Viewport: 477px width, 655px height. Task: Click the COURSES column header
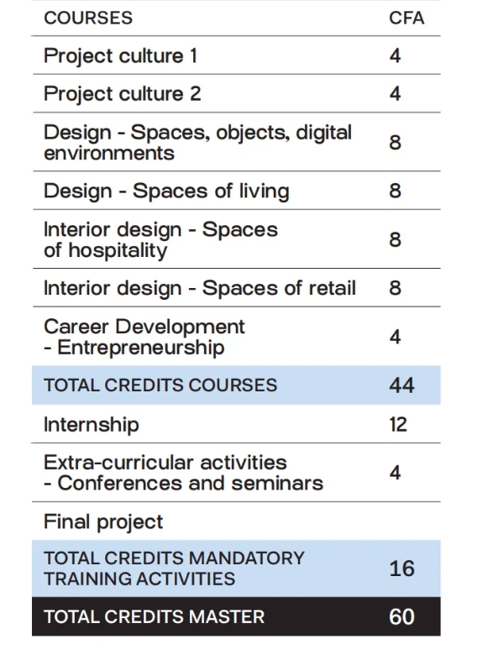pos(88,18)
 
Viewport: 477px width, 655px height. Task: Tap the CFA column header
pos(406,18)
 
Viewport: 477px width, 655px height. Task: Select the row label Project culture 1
pos(120,56)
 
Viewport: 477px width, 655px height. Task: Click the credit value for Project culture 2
pos(396,93)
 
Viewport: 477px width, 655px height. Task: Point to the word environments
pos(109,154)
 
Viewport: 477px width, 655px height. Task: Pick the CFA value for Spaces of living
pos(396,191)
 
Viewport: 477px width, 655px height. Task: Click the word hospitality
pos(118,250)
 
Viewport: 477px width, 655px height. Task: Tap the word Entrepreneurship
pos(141,348)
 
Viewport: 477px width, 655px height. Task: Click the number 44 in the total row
pos(401,385)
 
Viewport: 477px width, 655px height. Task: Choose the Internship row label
pos(92,425)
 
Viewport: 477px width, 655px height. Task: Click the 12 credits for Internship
pos(398,424)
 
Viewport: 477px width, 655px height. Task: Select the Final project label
pos(103,522)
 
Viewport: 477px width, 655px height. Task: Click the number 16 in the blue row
pos(401,569)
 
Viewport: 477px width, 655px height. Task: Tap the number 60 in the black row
pos(401,617)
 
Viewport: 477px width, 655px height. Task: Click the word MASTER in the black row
pos(226,617)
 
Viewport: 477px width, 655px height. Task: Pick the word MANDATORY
pos(246,558)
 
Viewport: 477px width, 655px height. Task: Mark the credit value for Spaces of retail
pos(396,288)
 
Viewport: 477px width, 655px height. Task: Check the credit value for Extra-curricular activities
pos(396,473)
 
